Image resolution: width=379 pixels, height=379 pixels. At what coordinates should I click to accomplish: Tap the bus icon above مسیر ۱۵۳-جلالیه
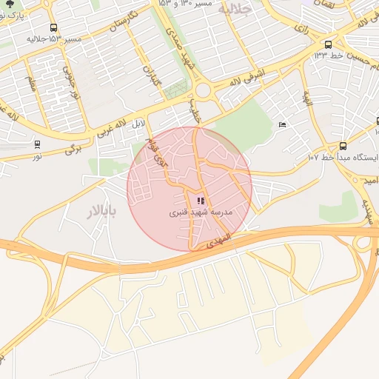tap(53, 27)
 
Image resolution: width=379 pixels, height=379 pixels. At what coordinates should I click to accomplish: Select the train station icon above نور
tap(37, 144)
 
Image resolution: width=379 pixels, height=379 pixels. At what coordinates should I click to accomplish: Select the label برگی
tap(73, 149)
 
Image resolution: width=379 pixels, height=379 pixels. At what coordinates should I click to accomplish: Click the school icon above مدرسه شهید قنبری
tap(200, 201)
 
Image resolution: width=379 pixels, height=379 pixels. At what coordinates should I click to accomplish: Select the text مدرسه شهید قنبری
tap(201, 212)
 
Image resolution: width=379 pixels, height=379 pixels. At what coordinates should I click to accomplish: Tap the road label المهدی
tap(221, 241)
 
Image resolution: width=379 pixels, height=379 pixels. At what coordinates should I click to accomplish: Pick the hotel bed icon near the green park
tap(281, 124)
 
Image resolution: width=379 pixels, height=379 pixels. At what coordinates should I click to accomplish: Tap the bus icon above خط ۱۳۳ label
tap(328, 43)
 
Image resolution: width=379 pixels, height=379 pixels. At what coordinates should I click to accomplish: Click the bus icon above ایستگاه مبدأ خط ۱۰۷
tap(342, 146)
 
